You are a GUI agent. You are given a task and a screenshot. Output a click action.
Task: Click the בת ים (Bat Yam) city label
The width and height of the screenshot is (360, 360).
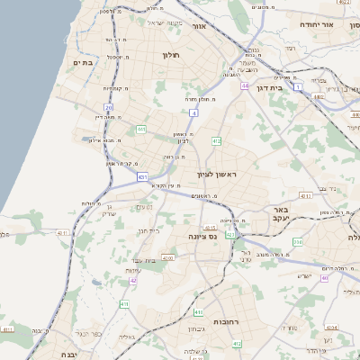[84, 62]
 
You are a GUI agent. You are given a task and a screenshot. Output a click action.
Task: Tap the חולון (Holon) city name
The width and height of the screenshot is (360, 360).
[171, 56]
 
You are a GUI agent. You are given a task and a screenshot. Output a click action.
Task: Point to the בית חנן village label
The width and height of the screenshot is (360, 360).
[148, 231]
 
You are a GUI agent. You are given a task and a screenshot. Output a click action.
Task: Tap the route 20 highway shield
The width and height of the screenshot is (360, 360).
[109, 107]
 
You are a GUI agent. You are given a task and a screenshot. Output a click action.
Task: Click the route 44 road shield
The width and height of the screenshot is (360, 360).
[245, 85]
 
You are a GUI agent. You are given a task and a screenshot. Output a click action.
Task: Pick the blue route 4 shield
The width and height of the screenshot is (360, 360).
[193, 112]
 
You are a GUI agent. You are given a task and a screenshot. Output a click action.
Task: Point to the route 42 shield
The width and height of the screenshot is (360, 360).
[133, 280]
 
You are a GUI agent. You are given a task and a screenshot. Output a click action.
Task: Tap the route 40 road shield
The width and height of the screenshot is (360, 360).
[324, 277]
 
